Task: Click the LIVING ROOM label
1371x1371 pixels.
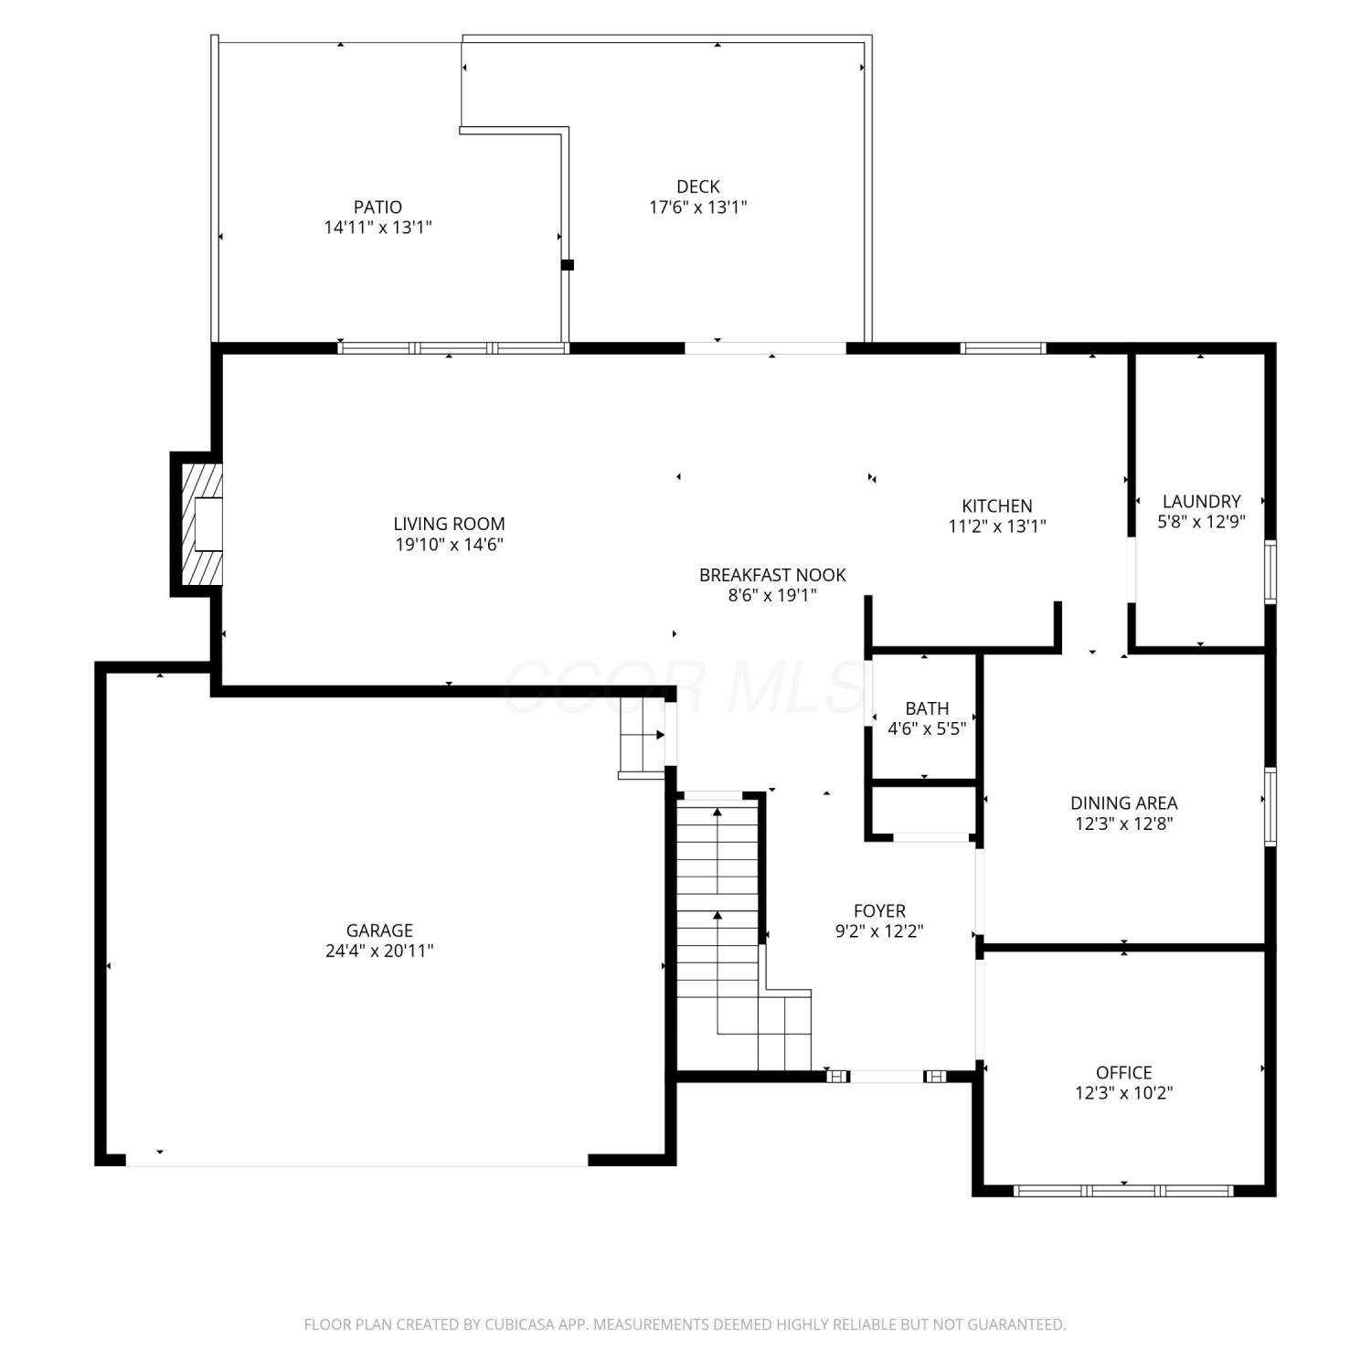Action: (x=449, y=524)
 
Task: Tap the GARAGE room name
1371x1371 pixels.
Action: (x=379, y=930)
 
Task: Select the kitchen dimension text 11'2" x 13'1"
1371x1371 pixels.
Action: (x=997, y=526)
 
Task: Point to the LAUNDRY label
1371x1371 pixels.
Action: (x=1202, y=501)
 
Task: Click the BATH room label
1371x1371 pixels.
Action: (x=927, y=708)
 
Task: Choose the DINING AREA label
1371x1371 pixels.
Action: (x=1124, y=803)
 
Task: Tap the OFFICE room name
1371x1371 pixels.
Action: (x=1124, y=1072)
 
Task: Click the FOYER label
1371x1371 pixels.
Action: (x=879, y=911)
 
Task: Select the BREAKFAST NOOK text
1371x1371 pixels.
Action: (x=772, y=575)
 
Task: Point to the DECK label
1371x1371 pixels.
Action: (x=698, y=186)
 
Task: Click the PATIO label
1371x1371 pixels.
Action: (x=377, y=207)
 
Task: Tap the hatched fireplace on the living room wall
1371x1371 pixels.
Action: (x=202, y=524)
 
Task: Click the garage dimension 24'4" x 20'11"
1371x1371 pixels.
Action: (x=379, y=951)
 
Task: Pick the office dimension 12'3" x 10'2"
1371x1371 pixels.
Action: (x=1124, y=1092)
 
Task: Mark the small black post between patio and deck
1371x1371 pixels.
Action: (x=568, y=265)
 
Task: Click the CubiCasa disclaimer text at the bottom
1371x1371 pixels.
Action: (x=685, y=1324)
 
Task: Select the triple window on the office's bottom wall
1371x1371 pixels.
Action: (x=1124, y=1191)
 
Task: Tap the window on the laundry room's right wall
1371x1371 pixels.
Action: (x=1270, y=572)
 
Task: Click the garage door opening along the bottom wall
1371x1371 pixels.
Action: (x=356, y=1161)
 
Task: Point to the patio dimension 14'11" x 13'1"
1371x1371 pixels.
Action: (x=377, y=228)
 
